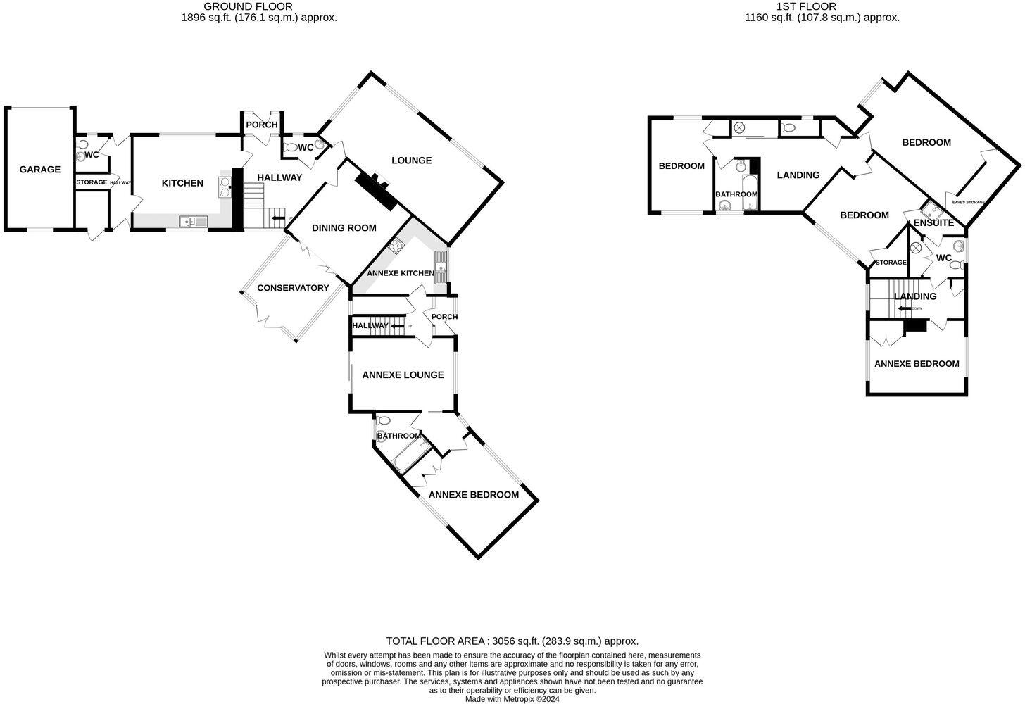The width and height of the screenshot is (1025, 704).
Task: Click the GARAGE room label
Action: [x=39, y=170]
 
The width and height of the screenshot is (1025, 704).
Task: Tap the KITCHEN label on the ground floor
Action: [x=182, y=183]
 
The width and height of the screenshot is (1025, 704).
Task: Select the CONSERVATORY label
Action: [x=293, y=288]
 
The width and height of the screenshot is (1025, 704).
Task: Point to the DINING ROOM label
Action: [x=344, y=228]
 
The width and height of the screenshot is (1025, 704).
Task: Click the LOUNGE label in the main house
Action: [x=411, y=161]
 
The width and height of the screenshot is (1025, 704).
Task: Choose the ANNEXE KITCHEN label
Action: [x=401, y=273]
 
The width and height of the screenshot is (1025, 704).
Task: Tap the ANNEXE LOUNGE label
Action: [x=403, y=375]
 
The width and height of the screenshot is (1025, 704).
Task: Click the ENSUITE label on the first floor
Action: [x=933, y=223]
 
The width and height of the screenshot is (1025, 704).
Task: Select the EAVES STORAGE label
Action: [x=968, y=203]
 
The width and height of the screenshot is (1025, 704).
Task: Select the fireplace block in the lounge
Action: [x=377, y=190]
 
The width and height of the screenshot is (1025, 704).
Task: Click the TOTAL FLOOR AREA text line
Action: [x=512, y=641]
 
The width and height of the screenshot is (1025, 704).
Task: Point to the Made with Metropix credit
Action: [x=512, y=699]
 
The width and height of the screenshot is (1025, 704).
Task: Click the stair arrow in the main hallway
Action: [x=278, y=218]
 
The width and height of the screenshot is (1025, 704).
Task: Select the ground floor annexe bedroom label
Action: [x=473, y=495]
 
